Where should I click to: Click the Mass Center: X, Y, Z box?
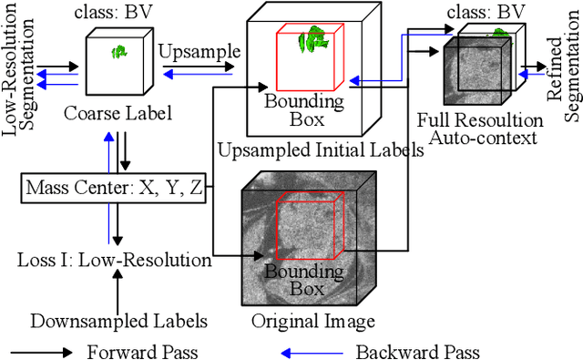[114, 191]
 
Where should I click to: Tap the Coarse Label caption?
[107, 115]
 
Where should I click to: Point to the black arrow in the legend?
[44, 350]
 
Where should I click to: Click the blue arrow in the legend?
[309, 350]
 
